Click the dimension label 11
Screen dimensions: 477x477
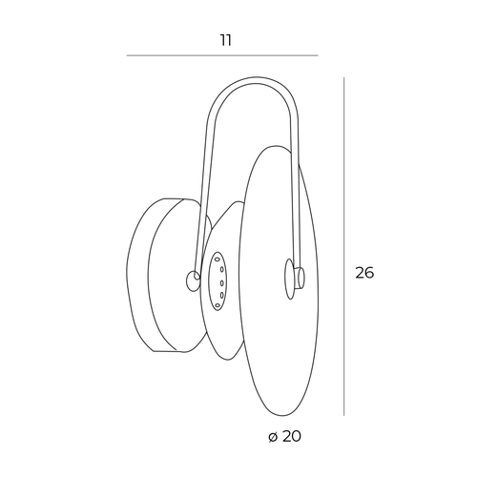coord(226,40)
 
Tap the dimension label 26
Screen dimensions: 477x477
coord(364,273)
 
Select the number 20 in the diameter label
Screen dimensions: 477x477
coord(291,436)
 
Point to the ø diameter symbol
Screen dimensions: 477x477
coord(273,437)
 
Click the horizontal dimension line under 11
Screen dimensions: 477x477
coord(222,55)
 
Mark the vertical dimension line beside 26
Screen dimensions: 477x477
coord(343,246)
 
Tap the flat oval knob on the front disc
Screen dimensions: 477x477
coord(289,279)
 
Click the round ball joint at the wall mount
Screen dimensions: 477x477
coord(193,280)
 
